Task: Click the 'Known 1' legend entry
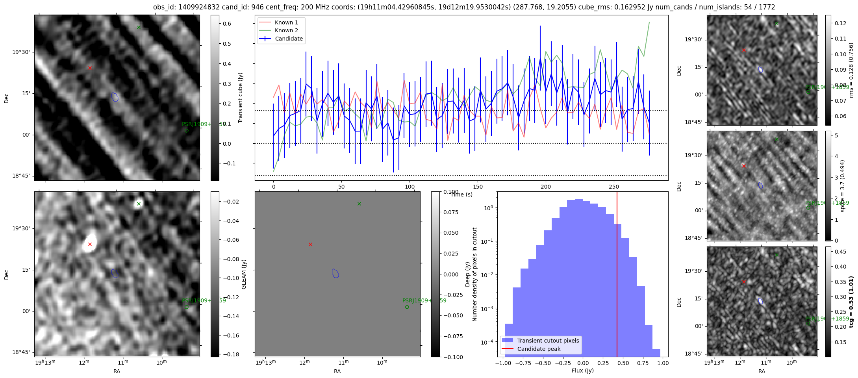pos(286,22)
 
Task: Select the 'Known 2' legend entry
pos(286,30)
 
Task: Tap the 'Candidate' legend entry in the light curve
pos(289,39)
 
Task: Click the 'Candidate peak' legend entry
pos(539,349)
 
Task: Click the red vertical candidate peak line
pos(617,276)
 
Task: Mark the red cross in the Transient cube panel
pos(90,68)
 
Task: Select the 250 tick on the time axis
pos(614,187)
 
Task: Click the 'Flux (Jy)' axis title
pos(582,371)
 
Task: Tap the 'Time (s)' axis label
pos(461,195)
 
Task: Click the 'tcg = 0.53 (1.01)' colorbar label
pos(851,302)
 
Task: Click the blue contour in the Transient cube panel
pos(115,97)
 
